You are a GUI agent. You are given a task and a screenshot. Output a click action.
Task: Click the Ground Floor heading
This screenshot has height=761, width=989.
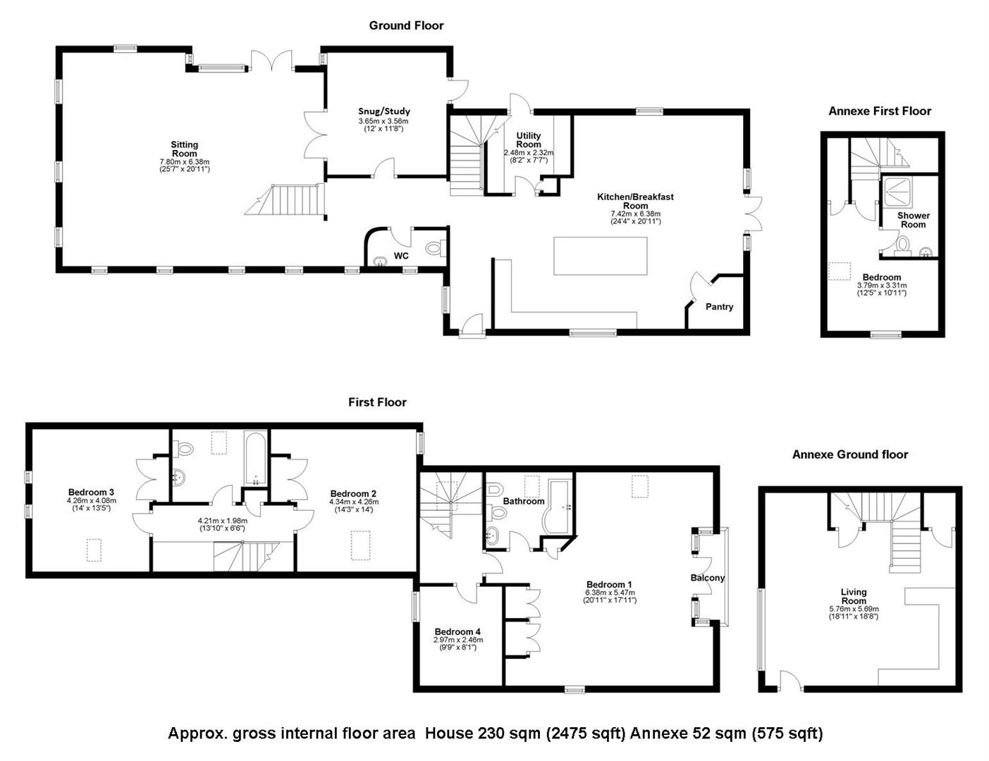coord(406,25)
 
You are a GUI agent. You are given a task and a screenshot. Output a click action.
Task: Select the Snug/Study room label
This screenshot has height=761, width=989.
coord(383,111)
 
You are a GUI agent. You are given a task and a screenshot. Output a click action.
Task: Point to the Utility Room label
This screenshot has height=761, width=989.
coord(529,140)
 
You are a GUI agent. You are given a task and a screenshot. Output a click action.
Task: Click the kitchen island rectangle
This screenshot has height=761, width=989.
coord(600,256)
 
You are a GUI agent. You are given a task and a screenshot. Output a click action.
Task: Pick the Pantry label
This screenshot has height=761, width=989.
coord(719,307)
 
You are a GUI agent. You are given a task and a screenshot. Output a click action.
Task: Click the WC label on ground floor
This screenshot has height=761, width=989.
coord(401,256)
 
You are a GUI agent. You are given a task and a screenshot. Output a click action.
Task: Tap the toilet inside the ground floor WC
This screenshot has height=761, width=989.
coord(435,248)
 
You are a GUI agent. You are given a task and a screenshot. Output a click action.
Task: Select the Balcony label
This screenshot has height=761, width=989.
coord(707,578)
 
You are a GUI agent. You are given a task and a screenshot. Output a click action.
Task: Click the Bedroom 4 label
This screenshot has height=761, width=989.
coord(457,631)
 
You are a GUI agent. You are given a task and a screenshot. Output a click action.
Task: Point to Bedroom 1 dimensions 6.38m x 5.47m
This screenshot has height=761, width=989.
coord(610,593)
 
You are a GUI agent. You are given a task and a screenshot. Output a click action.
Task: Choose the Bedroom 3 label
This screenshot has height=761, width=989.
coord(91,492)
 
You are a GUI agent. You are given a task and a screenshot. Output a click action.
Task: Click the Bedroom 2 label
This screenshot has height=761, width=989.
coord(353,493)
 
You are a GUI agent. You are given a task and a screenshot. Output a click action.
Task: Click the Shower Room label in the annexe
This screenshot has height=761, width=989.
coord(913,220)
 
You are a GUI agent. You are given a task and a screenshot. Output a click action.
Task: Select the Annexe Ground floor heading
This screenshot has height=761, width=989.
coord(849,454)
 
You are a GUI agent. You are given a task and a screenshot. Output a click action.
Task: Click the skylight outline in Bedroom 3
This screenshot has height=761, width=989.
coord(94,550)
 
